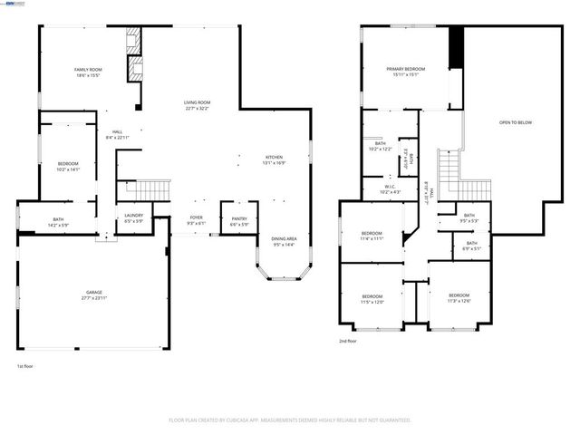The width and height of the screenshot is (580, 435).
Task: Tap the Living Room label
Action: [197, 106]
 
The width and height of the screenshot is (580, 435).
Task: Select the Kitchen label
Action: [275, 160]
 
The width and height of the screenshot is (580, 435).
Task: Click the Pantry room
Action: [239, 220]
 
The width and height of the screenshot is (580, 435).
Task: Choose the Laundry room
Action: [133, 217]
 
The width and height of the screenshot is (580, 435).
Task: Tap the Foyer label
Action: [196, 220]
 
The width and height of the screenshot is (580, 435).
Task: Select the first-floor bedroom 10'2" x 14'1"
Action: [69, 166]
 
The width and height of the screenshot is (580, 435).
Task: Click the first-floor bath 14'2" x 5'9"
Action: [58, 222]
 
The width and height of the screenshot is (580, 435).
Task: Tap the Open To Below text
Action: [515, 122]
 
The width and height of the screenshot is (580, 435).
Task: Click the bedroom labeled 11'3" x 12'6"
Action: [459, 298]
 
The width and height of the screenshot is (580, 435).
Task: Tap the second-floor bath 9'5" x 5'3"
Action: [469, 217]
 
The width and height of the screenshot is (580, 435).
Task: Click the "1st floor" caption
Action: [25, 367]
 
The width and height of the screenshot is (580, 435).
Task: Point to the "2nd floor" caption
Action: [348, 341]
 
